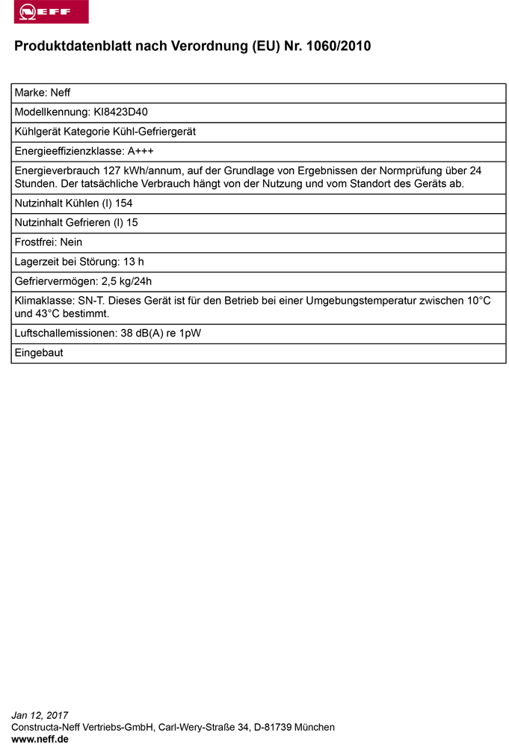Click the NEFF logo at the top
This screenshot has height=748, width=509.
click(46, 12)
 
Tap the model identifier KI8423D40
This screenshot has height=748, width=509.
click(120, 112)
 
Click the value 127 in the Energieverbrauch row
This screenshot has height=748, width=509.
click(102, 171)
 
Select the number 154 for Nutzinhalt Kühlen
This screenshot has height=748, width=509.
click(124, 203)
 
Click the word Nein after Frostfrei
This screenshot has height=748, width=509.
click(70, 242)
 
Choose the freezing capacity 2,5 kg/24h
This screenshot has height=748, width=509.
click(126, 280)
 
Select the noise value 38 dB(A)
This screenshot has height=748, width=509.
click(141, 333)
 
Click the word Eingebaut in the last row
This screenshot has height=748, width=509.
click(39, 352)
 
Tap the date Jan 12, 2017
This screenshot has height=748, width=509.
click(40, 715)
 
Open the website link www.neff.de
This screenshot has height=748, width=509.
click(40, 738)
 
